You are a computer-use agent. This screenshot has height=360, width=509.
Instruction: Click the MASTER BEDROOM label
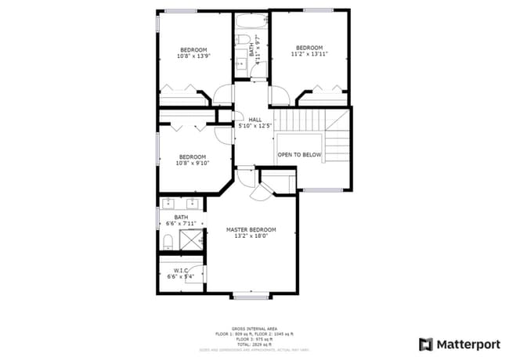251,229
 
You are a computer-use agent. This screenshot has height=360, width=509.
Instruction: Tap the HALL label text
255,120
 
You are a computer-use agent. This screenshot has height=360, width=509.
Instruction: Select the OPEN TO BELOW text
299,155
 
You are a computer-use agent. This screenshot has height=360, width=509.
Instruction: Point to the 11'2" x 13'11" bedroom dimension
309,55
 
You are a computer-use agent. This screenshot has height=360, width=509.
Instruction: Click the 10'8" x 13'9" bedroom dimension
193,56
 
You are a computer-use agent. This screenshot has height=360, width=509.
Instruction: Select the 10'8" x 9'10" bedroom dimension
193,164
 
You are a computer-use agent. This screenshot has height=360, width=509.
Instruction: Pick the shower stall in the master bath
192,239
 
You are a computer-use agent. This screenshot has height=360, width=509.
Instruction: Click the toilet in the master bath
168,240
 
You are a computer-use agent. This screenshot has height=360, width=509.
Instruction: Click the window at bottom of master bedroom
251,296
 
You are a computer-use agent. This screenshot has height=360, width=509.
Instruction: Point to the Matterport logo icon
425,344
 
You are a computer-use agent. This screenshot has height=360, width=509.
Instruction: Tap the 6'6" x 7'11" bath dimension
181,223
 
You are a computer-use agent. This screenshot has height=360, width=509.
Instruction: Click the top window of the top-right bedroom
318,10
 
